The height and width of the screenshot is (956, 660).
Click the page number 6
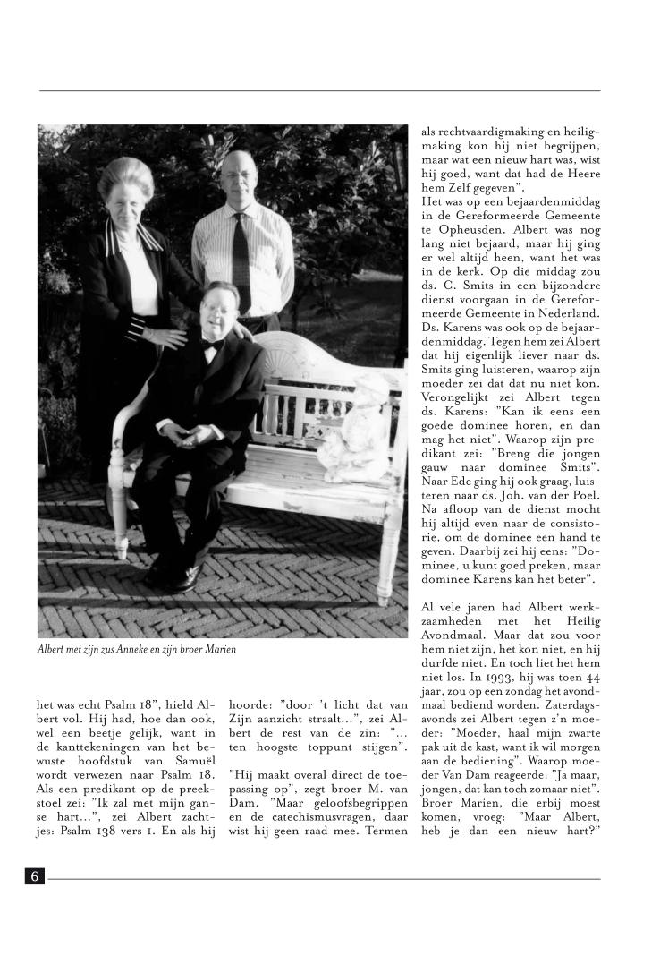point(35,876)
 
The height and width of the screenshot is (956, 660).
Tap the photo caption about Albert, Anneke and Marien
point(137,648)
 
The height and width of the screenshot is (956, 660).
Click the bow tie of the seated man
point(212,343)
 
